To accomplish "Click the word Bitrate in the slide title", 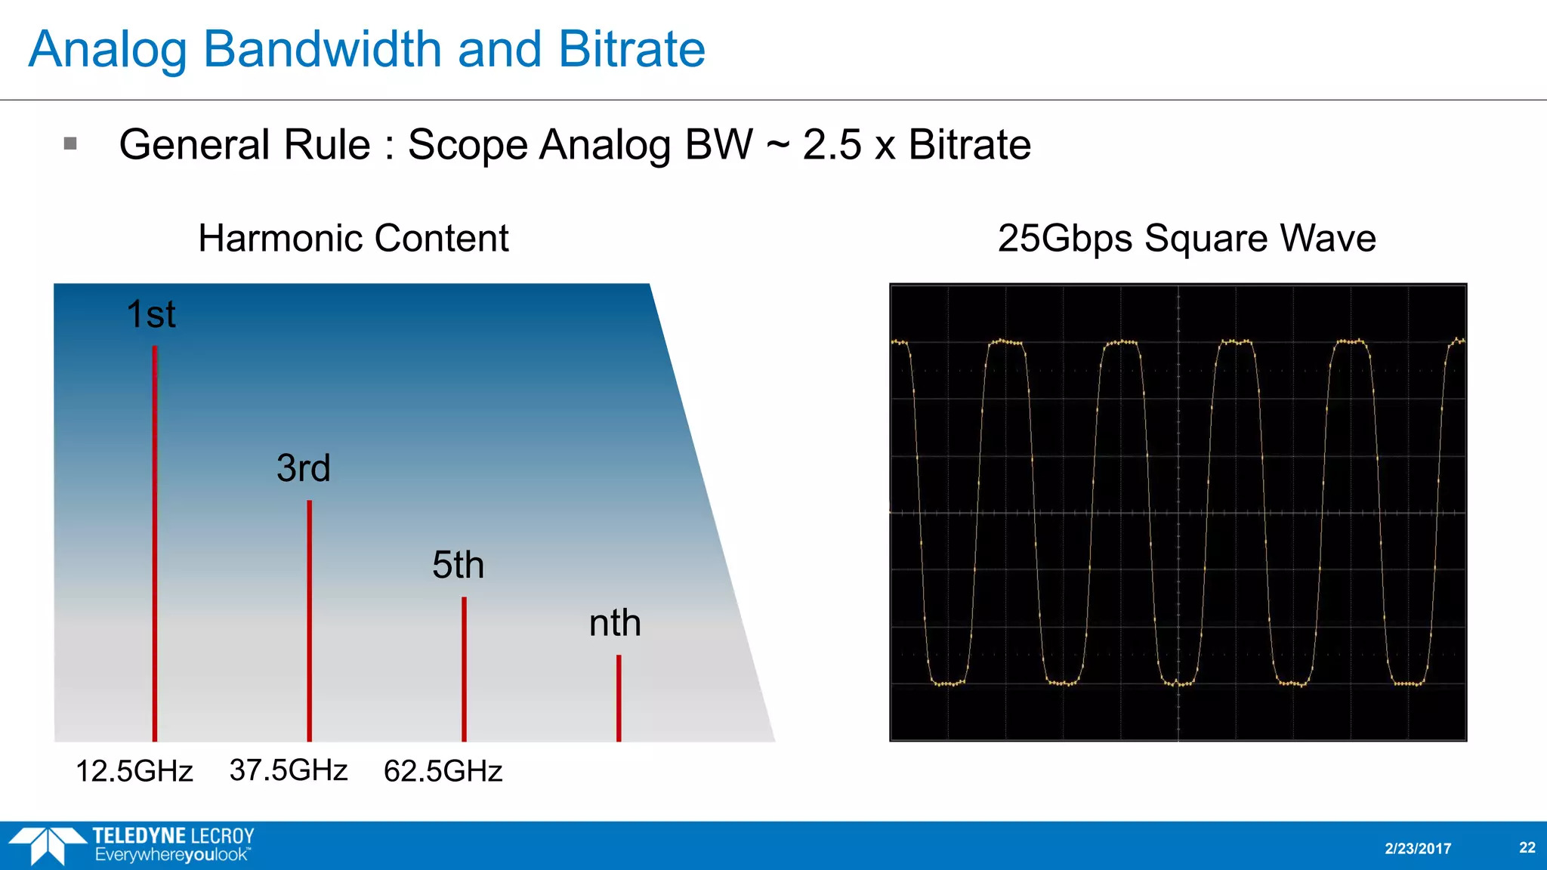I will (x=631, y=50).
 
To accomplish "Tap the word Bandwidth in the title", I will (x=323, y=50).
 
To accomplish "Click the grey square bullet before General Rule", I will (x=70, y=143).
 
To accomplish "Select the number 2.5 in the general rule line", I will (x=832, y=144).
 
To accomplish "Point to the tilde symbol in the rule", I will (x=777, y=144).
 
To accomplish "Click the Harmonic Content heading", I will (x=353, y=239).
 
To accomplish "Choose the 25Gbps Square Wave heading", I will (x=1186, y=239).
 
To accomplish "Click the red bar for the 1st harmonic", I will (x=155, y=544).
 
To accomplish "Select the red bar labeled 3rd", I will (x=309, y=619).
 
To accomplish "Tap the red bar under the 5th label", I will (x=464, y=668).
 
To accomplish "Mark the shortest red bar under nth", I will (x=619, y=698).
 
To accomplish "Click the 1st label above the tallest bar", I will (x=151, y=314).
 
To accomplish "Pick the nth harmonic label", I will (x=615, y=624).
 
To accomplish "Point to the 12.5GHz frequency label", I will (x=134, y=771).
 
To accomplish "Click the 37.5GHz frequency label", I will (x=289, y=770).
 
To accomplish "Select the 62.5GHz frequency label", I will (x=443, y=771).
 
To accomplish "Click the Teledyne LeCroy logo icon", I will (x=47, y=845).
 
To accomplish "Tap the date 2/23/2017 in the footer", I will (x=1418, y=848).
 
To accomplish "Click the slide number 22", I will (x=1527, y=847).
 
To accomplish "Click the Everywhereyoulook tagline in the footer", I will (x=172, y=856).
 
